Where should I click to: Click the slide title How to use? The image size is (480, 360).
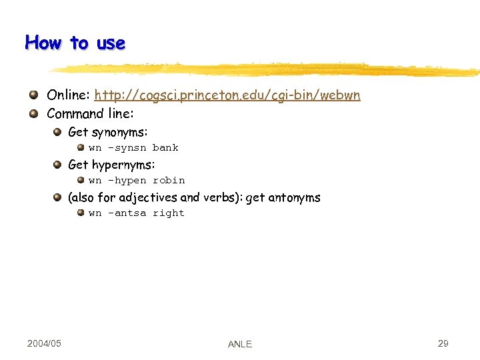point(75,43)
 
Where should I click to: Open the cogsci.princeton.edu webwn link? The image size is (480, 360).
point(227,95)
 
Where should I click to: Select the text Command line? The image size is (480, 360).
point(90,113)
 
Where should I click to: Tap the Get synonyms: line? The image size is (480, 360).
point(108,132)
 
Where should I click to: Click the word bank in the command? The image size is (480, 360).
point(165,148)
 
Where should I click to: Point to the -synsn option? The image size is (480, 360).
point(127,148)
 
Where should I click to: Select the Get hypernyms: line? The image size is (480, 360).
point(111,165)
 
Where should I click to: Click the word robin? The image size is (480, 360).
point(169,181)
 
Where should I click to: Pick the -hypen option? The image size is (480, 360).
point(127,181)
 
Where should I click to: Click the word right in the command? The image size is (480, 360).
point(169,213)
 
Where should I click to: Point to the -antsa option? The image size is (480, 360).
point(127,213)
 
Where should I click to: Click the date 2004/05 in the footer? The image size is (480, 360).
point(44,343)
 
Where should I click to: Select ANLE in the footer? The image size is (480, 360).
point(240,344)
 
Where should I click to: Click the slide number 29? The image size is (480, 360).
point(443,343)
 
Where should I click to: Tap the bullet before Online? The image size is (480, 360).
point(33,95)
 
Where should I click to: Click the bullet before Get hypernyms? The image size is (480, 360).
point(59,165)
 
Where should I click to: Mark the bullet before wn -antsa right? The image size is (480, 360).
point(80,213)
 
